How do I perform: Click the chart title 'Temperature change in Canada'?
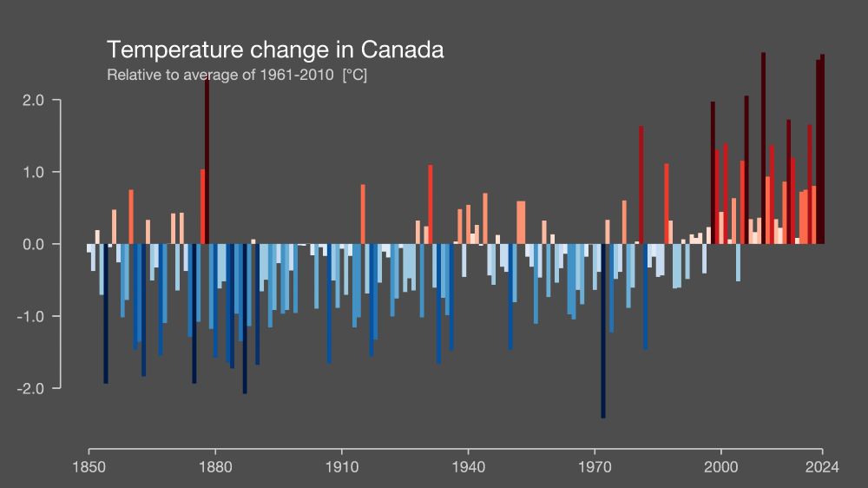(275, 49)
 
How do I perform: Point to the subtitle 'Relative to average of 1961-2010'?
(220, 75)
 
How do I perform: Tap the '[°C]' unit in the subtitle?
(355, 75)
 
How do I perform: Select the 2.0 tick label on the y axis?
(33, 100)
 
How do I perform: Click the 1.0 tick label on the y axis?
(33, 172)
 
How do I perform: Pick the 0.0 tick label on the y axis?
(33, 244)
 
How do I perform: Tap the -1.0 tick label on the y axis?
(30, 316)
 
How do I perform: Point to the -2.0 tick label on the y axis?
(30, 388)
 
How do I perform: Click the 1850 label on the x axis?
(89, 466)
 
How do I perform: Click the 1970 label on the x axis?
(595, 466)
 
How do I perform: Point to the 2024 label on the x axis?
(822, 466)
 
